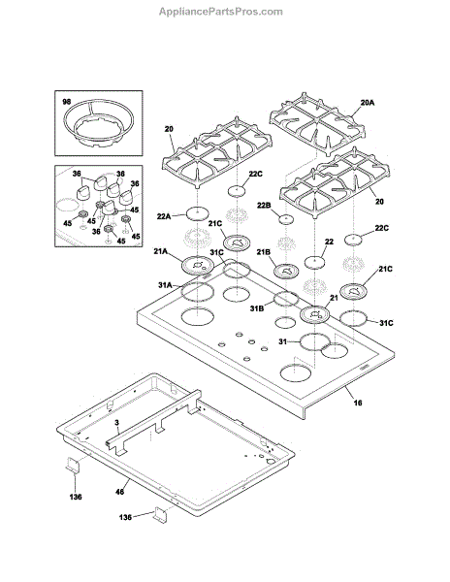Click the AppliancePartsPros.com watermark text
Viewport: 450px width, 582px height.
tap(221, 12)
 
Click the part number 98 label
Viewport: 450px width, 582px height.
tap(66, 101)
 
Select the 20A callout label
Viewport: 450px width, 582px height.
tap(367, 103)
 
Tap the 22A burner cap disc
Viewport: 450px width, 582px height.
tap(197, 213)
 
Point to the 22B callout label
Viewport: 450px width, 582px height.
tap(264, 206)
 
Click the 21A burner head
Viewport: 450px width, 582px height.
tap(199, 266)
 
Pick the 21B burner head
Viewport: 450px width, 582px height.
tap(286, 271)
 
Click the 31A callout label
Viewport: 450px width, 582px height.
tap(165, 285)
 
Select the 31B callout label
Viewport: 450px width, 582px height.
tap(257, 308)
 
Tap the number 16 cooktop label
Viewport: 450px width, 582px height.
tap(357, 403)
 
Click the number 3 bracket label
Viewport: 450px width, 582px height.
tap(116, 423)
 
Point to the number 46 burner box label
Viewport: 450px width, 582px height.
tap(119, 492)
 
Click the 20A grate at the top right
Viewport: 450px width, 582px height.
tap(317, 121)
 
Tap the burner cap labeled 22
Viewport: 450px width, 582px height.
tap(314, 262)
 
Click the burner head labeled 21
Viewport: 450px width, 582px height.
tap(315, 314)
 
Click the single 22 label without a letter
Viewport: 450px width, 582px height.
tap(329, 242)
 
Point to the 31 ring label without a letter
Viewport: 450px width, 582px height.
tap(282, 341)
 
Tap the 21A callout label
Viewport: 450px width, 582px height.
tap(161, 251)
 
